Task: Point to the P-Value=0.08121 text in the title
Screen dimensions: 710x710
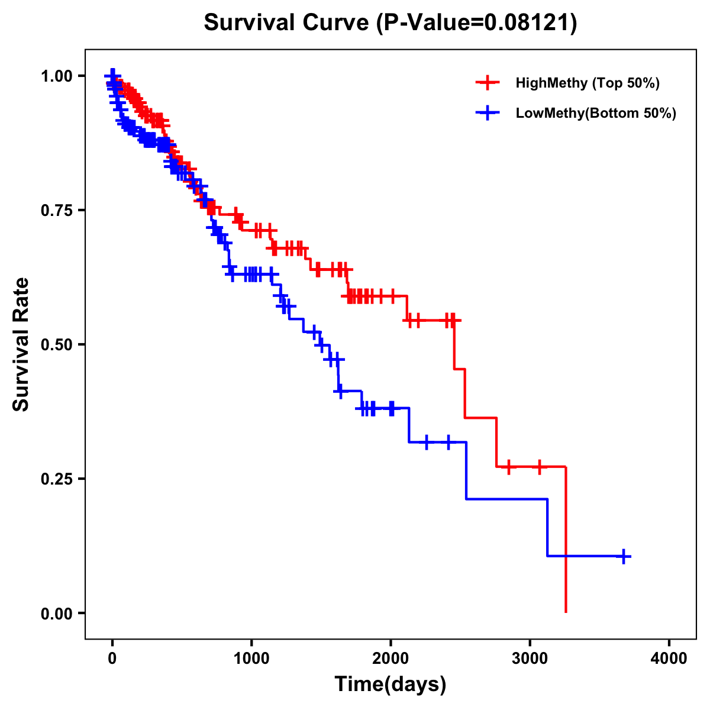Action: (477, 23)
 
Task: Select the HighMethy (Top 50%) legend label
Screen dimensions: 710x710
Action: (588, 83)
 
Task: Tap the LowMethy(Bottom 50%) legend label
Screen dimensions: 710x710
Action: (596, 113)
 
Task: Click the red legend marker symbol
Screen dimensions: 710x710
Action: (488, 83)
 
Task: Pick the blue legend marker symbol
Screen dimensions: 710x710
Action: (488, 113)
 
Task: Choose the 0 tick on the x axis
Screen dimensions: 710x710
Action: (112, 659)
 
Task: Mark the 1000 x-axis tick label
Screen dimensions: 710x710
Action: (251, 659)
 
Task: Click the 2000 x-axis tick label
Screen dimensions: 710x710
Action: (390, 659)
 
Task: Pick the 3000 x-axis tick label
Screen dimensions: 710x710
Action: (530, 659)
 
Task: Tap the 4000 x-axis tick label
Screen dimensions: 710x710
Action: (669, 659)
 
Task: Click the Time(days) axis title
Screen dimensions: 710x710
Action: (390, 685)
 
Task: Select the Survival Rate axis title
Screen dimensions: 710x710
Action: (22, 344)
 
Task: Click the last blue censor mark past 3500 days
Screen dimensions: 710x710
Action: (624, 556)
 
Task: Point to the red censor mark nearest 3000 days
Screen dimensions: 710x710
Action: (539, 467)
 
